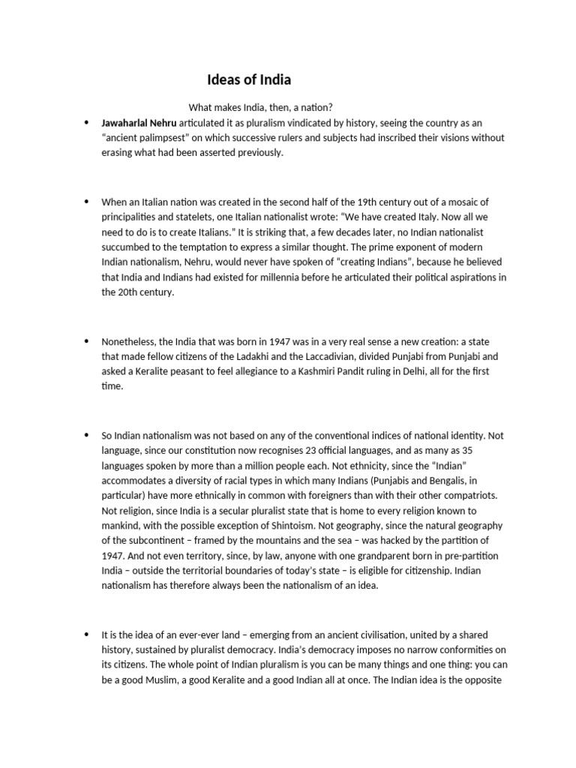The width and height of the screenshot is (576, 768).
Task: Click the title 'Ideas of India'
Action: pos(249,79)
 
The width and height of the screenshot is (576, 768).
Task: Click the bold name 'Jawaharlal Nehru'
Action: pos(139,122)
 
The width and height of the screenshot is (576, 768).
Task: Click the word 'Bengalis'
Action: pos(451,480)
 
